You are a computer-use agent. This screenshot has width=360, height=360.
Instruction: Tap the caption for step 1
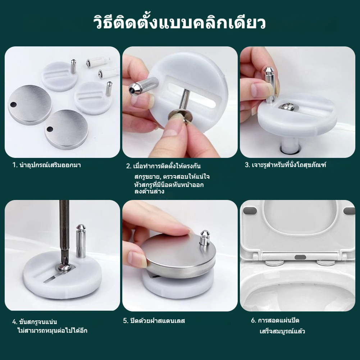[47, 165]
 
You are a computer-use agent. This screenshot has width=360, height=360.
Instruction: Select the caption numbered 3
[286, 165]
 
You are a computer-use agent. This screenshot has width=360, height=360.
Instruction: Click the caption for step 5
[154, 320]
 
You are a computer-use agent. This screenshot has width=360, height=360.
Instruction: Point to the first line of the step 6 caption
[275, 320]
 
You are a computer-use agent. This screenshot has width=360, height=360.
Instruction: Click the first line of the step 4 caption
[35, 322]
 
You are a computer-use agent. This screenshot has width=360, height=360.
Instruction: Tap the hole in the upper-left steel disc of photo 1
[13, 105]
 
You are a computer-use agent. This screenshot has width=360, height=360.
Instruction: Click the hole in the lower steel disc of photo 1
[50, 129]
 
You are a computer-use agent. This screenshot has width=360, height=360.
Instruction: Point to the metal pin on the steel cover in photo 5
[204, 238]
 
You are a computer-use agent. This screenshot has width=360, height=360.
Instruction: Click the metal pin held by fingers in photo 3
[270, 84]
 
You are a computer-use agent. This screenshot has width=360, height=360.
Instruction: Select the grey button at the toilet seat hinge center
[300, 257]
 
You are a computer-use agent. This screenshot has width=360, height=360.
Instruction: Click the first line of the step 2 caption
[163, 166]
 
